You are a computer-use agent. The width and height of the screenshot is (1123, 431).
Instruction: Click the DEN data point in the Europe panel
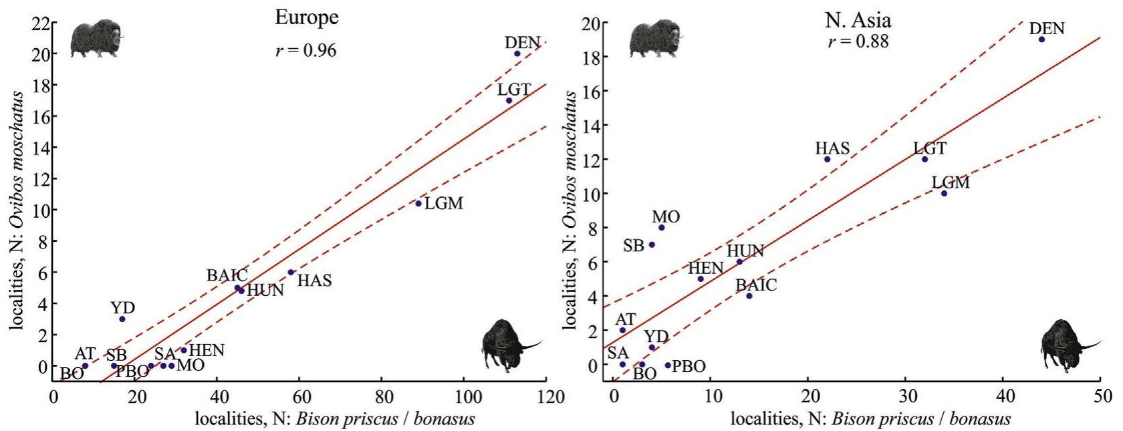click(x=517, y=53)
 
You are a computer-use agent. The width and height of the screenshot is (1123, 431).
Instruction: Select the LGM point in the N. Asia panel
click(x=944, y=193)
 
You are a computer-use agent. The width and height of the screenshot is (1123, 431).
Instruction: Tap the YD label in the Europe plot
click(x=123, y=307)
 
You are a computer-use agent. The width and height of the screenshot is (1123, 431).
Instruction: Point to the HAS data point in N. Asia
click(x=827, y=159)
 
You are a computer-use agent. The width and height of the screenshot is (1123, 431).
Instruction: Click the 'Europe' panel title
click(x=307, y=18)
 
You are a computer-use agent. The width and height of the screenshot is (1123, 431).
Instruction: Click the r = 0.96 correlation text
click(x=306, y=51)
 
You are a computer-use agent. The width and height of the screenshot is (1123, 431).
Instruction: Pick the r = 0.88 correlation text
click(x=858, y=41)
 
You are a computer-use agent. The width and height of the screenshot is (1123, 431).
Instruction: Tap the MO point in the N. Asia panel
click(x=661, y=227)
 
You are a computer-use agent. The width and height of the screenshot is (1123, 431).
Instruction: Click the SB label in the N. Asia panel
click(x=633, y=246)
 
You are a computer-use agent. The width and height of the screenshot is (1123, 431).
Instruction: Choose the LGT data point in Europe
click(x=509, y=100)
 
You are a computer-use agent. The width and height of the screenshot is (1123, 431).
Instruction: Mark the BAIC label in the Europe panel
click(x=227, y=275)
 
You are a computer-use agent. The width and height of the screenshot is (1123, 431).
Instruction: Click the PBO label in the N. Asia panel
click(x=689, y=367)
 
